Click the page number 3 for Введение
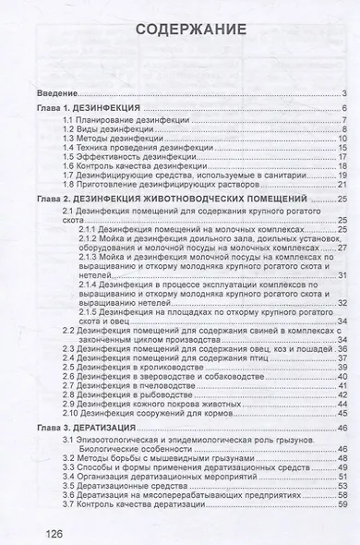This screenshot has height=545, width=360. [342, 94]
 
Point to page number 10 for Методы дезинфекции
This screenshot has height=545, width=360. [341, 139]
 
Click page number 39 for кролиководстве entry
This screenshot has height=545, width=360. [341, 368]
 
